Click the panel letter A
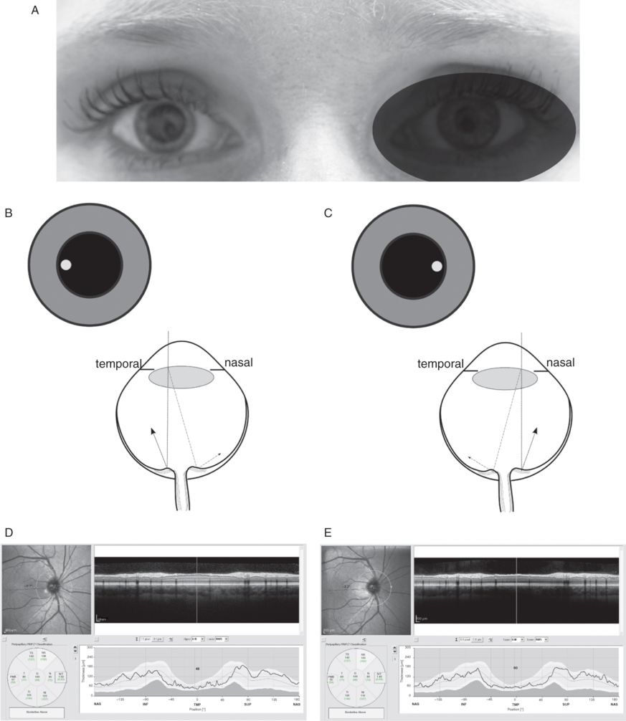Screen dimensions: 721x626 35,11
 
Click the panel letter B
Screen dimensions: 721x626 9,214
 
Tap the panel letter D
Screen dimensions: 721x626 9,534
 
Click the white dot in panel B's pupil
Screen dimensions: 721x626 66,265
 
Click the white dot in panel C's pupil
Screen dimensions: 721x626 437,267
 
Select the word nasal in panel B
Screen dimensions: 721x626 238,363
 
